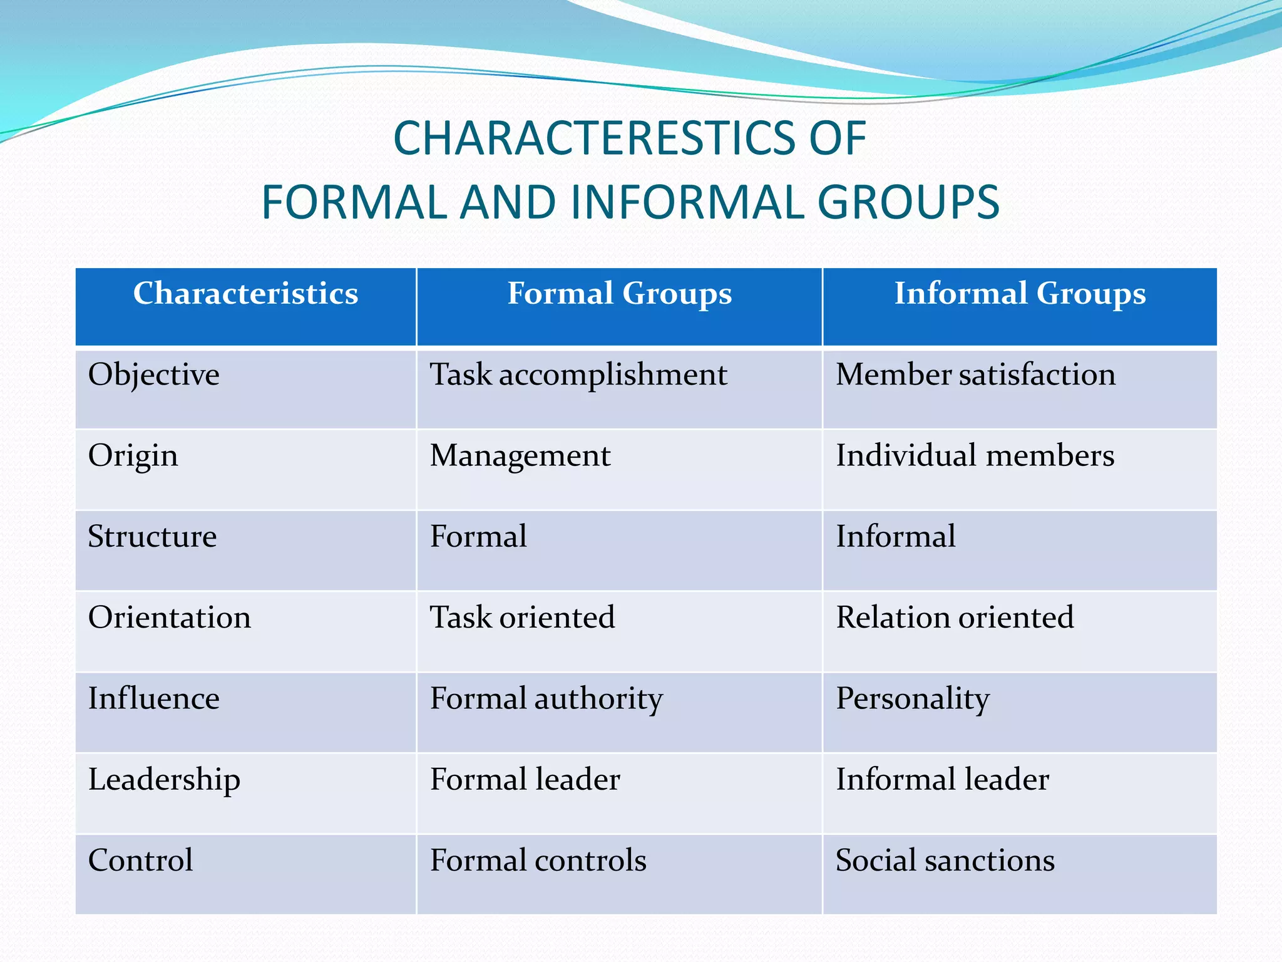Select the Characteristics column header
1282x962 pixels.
coord(245,294)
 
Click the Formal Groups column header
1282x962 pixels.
coord(619,294)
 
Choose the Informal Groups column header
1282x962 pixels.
coord(1019,294)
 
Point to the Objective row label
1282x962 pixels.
coord(154,375)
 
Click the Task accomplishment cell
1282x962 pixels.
coord(578,375)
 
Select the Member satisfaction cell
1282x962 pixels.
coord(975,375)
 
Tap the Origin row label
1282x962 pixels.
coord(133,456)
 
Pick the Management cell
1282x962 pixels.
coord(520,456)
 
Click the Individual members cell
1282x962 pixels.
coord(975,456)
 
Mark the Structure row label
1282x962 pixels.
coord(152,537)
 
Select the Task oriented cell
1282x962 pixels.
coord(522,618)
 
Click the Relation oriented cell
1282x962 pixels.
coord(955,618)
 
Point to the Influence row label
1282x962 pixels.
coord(154,698)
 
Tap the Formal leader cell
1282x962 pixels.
coord(525,780)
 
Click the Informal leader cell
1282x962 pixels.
coord(942,780)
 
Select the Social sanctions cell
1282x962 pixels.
coord(945,861)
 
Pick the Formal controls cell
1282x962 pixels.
coord(538,861)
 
